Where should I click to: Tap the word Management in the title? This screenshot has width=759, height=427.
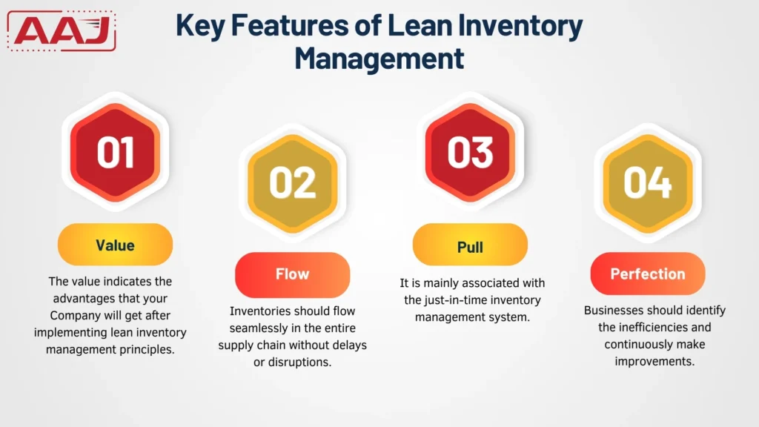tap(379, 57)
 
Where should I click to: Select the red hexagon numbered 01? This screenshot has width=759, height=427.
tap(115, 152)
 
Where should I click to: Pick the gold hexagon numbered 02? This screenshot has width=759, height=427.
tap(292, 182)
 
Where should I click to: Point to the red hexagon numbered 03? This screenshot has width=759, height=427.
tap(470, 152)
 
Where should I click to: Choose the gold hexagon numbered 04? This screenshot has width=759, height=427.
tap(647, 182)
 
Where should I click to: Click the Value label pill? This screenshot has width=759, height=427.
tap(115, 245)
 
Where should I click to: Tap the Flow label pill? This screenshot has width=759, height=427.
tap(292, 274)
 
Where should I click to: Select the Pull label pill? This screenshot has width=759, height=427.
tap(470, 247)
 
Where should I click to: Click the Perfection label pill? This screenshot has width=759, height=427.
tap(647, 274)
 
